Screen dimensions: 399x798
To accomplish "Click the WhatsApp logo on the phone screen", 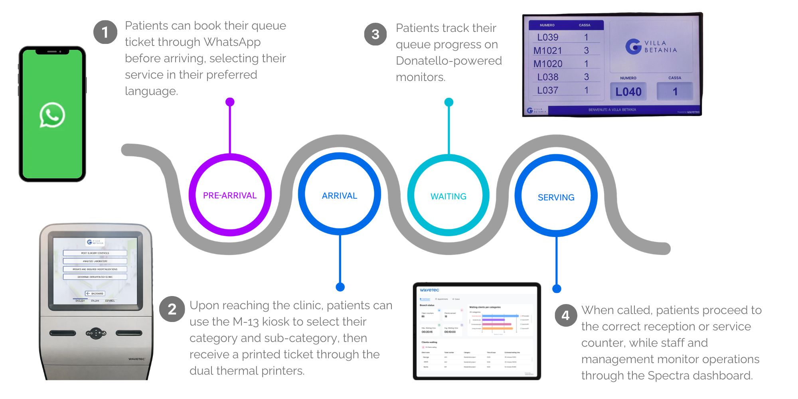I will (52, 115).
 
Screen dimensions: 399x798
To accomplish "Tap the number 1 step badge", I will (105, 32).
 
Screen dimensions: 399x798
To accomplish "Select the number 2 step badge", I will (172, 309).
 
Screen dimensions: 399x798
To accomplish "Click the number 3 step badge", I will (375, 34).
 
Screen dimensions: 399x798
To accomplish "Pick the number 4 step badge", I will (565, 316).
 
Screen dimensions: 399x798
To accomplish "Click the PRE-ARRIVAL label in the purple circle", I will (230, 196).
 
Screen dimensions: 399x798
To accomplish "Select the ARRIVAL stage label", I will (340, 196).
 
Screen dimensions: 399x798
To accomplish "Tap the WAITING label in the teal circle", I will (448, 196).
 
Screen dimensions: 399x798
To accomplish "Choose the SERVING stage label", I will (556, 198).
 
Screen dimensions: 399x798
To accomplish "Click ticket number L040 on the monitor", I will (628, 92).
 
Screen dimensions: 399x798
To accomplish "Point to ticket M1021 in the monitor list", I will (547, 51).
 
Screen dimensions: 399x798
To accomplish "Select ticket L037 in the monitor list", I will (547, 91).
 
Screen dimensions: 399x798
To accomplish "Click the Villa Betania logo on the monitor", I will (651, 47).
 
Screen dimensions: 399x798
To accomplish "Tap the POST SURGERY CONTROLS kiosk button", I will (95, 253).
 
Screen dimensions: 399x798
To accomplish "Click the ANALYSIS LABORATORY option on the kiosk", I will (95, 261).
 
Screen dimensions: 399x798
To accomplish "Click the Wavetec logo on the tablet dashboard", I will (429, 290).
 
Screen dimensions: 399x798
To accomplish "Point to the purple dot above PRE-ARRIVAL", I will (230, 102).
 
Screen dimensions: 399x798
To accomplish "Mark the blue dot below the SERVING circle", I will (557, 288).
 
